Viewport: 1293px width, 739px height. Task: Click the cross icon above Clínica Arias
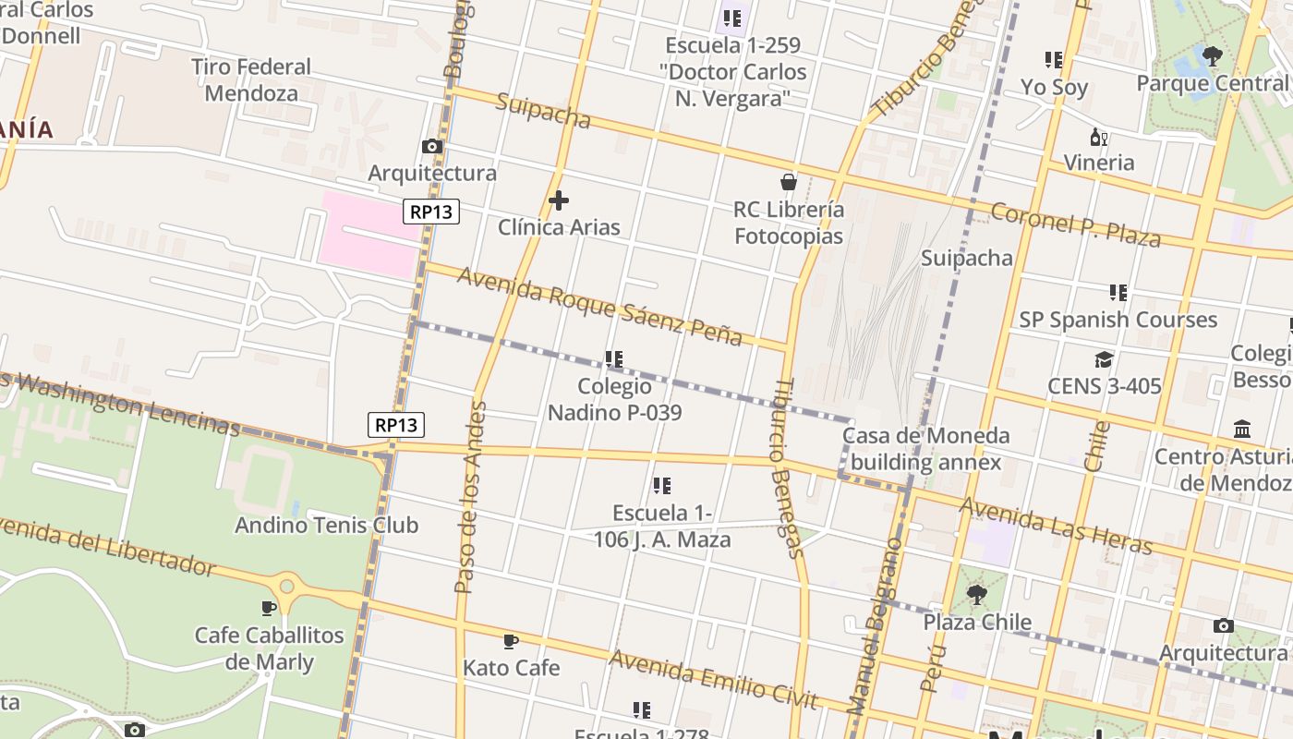559,200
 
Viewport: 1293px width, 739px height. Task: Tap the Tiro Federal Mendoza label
251,79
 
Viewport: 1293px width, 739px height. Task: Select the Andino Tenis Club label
326,525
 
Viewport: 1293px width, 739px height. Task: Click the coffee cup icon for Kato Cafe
511,641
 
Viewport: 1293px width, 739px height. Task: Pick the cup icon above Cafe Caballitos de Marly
269,608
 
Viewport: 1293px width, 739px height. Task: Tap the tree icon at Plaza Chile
976,594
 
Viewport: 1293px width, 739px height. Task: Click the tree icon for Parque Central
1213,56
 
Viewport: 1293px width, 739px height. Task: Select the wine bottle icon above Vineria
1098,137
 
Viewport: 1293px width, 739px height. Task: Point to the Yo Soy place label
1054,88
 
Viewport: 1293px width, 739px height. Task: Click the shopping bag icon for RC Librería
789,182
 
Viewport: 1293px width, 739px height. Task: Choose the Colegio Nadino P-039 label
614,399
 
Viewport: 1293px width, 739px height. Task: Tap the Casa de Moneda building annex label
926,448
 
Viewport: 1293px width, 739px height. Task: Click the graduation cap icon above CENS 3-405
1104,359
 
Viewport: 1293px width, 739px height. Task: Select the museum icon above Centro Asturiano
1242,430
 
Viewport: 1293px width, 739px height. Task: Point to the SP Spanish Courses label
1118,320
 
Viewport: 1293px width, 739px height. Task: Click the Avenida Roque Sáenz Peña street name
599,306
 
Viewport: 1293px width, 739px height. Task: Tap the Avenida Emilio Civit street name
713,679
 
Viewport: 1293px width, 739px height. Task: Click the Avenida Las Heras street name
1055,527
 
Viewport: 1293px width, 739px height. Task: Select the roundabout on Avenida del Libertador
287,586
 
